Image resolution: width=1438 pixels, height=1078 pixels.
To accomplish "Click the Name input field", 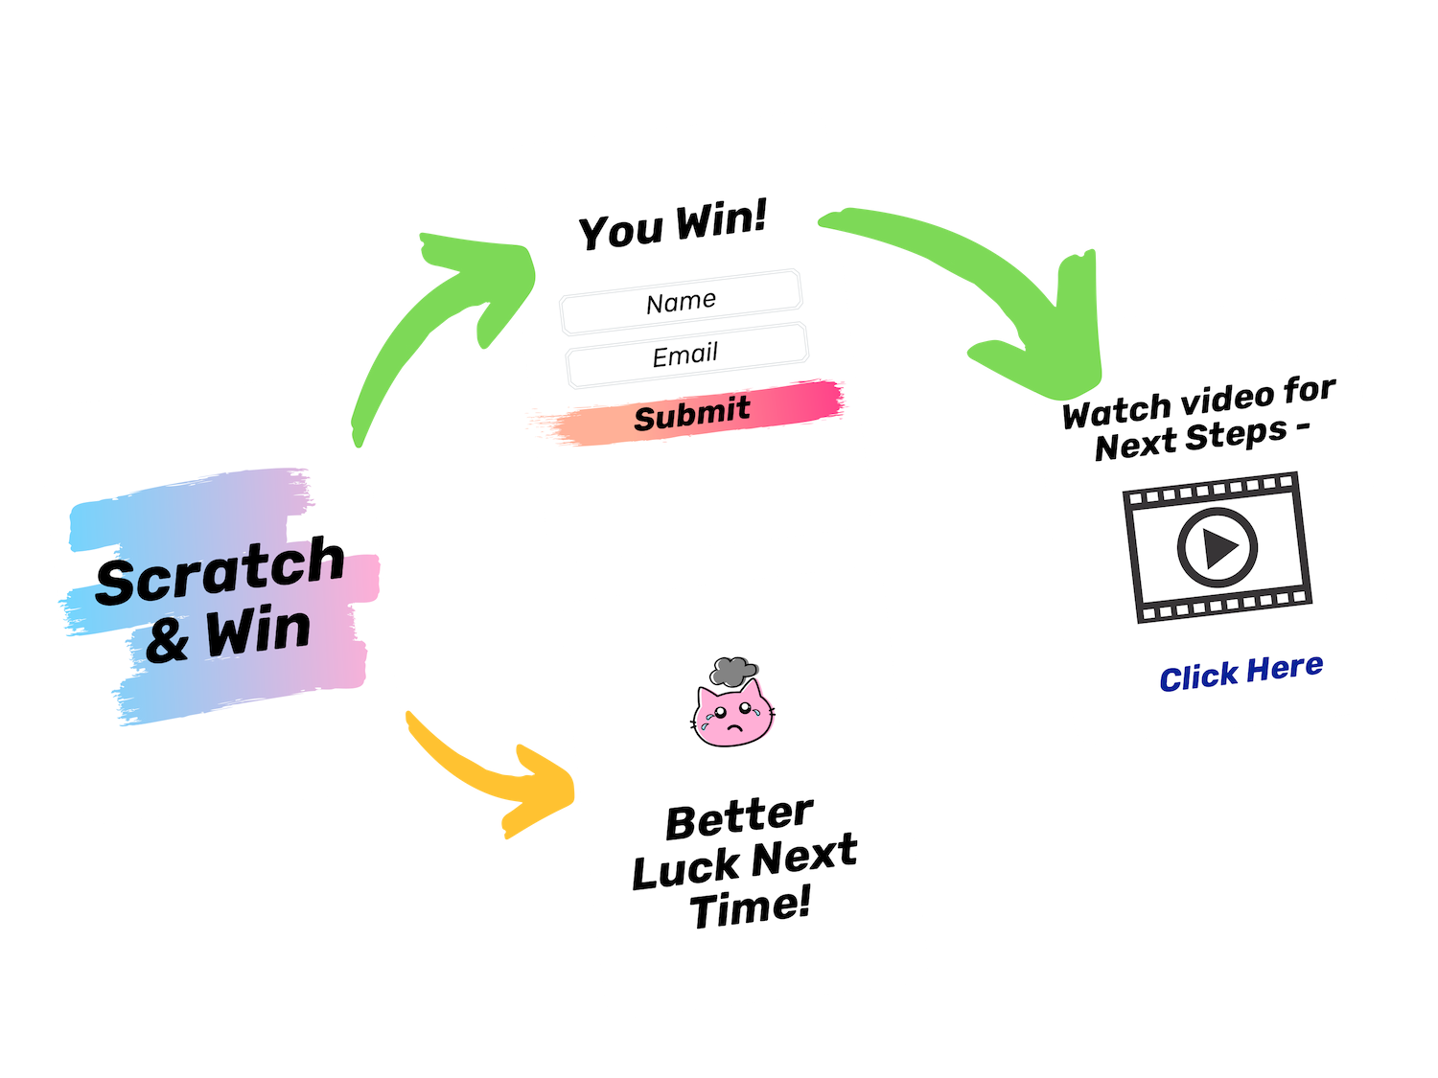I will coord(681,302).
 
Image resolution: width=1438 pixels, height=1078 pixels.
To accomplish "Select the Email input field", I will coord(685,356).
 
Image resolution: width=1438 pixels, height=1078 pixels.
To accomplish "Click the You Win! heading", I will coord(673,226).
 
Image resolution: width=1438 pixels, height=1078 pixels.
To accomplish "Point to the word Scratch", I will coord(220,571).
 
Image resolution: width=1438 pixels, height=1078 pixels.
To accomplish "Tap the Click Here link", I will coord(1241,673).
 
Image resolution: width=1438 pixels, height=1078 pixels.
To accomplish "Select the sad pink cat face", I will coord(733,715).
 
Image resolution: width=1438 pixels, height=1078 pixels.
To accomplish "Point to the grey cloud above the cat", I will coord(734,671).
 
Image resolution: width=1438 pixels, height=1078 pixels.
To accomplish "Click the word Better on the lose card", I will coord(739,817).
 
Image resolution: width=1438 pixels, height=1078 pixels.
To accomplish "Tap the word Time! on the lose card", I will coord(750,907).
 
